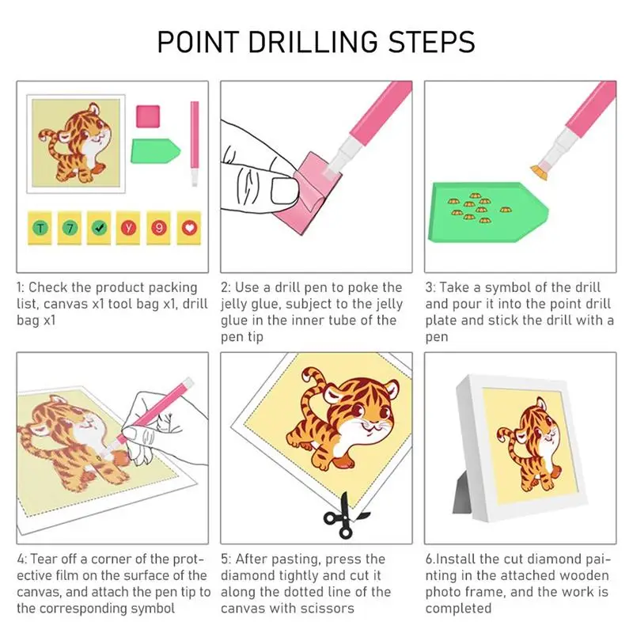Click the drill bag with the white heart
pyautogui.click(x=188, y=228)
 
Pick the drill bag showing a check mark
pyautogui.click(x=100, y=228)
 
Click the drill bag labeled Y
pyautogui.click(x=129, y=228)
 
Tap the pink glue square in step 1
pyautogui.click(x=147, y=116)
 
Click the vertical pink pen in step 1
pyautogui.click(x=194, y=142)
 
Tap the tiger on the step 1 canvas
pyautogui.click(x=76, y=142)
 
